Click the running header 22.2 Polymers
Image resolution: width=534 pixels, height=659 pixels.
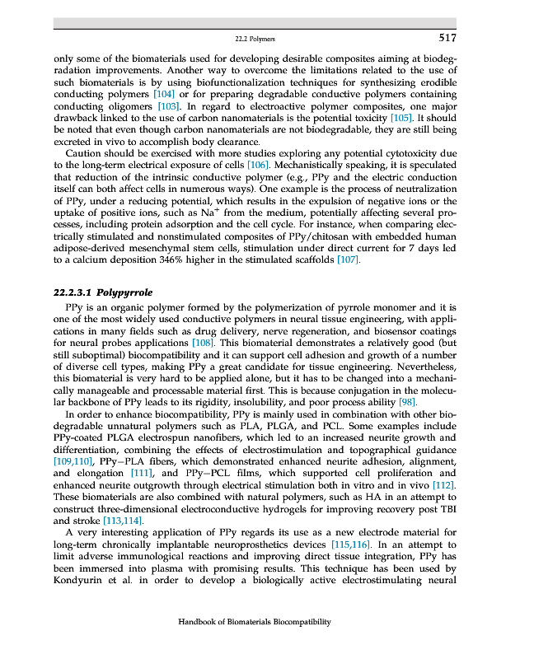coord(255,40)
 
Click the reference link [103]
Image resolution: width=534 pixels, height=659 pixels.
coord(170,106)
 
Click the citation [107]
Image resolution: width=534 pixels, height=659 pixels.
coord(350,260)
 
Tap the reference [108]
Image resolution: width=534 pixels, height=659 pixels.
coord(204,341)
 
